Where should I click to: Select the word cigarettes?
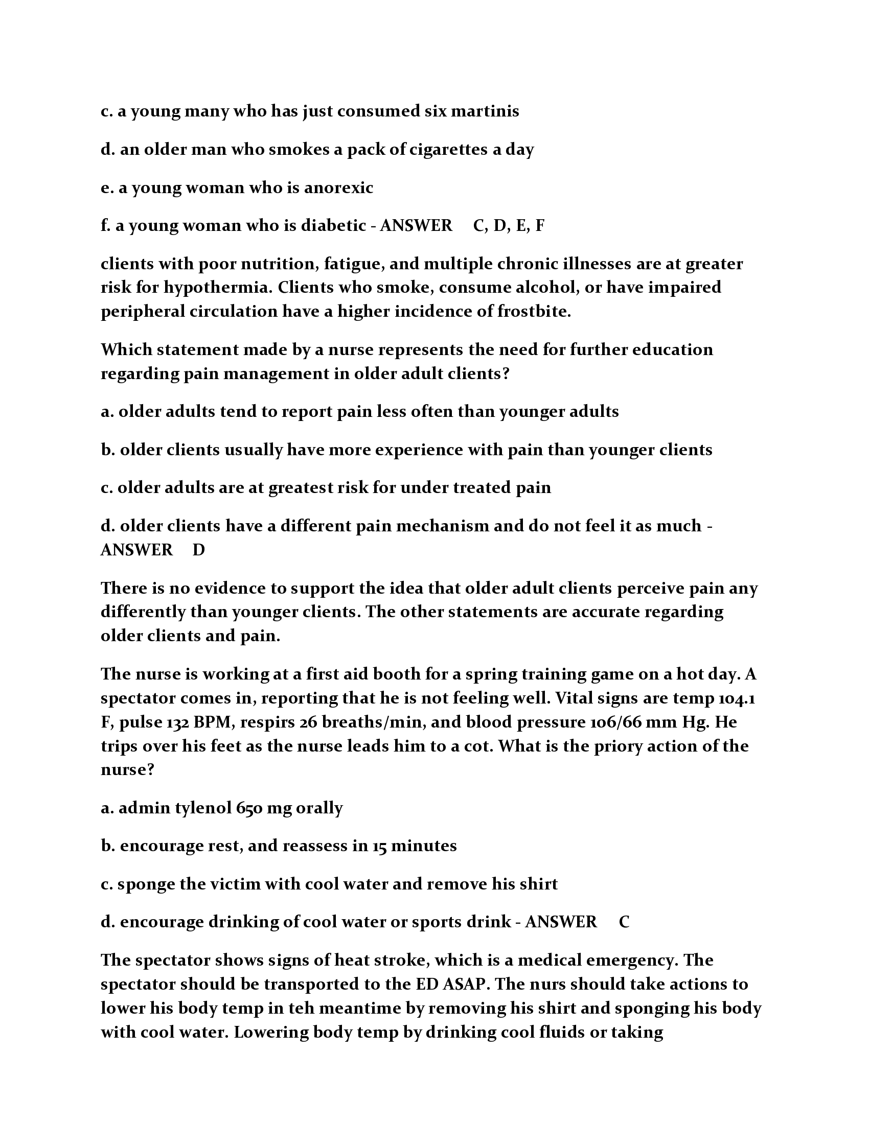448,149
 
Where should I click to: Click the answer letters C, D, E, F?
508,225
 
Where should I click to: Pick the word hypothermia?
217,287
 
